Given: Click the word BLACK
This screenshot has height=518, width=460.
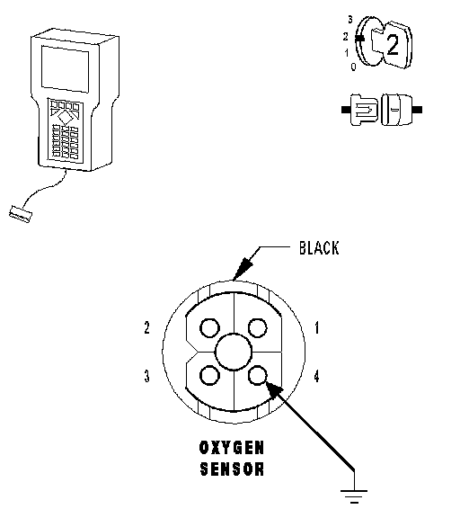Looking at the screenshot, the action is (x=319, y=248).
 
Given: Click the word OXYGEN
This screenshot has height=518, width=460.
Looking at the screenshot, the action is (x=232, y=448).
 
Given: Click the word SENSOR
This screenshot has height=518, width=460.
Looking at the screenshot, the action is (x=232, y=469).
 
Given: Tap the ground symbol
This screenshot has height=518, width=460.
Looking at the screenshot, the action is (x=354, y=496).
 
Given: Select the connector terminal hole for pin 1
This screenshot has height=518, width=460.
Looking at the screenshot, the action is (x=257, y=327).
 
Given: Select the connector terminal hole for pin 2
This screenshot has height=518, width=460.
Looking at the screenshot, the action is (x=209, y=327).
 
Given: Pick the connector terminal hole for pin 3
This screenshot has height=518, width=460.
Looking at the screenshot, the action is (x=209, y=376).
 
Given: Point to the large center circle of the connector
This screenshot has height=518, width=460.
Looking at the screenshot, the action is (x=234, y=352).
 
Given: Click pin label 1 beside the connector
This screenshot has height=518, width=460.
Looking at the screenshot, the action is (x=317, y=328).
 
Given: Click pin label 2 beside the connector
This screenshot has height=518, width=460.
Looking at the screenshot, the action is (x=146, y=327).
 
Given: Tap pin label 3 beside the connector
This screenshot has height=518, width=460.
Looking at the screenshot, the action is (x=146, y=376).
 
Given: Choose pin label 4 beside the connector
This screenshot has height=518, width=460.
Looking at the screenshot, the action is (x=316, y=376).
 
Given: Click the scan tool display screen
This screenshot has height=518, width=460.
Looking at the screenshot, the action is (x=65, y=69).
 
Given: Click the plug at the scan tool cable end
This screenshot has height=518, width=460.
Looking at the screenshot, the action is (x=21, y=214).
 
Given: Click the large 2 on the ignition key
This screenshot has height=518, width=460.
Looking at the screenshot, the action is (x=393, y=45).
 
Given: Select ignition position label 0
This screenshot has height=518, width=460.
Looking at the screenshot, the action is (x=353, y=67).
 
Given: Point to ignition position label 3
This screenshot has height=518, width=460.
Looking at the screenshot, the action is (x=350, y=20).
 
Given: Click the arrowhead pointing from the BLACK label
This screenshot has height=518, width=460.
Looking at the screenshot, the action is (x=243, y=268).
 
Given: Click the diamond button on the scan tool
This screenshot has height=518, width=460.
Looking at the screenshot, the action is (x=65, y=117).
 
